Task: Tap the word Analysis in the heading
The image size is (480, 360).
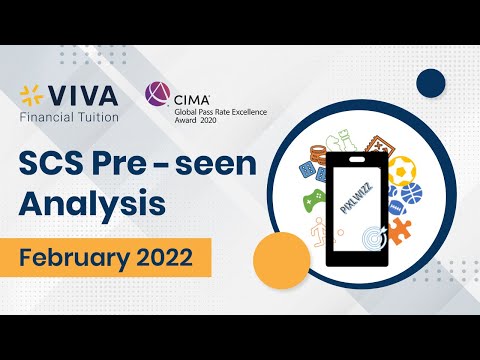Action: pyautogui.click(x=89, y=205)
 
